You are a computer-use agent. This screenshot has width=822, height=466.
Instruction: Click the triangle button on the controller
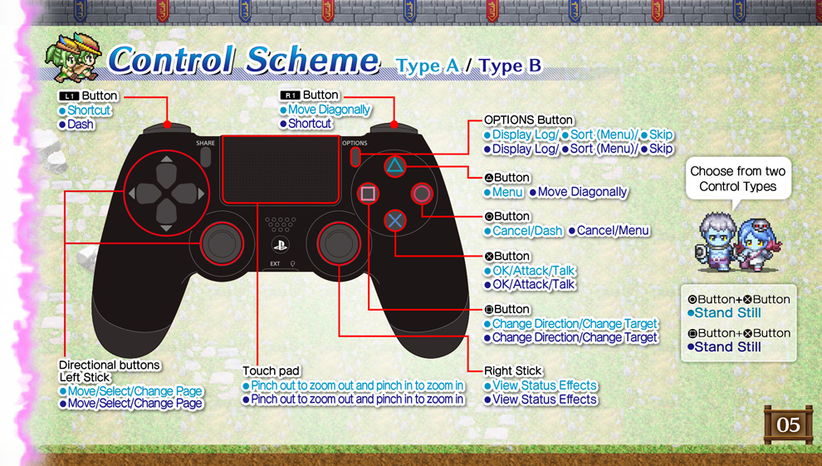tap(394, 167)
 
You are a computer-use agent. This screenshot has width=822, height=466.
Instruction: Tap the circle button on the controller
tap(422, 194)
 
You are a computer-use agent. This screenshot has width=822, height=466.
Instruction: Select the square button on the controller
tap(368, 194)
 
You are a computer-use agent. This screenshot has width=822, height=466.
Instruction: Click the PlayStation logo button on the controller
tap(281, 244)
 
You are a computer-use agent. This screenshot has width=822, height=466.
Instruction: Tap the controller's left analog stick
tap(220, 242)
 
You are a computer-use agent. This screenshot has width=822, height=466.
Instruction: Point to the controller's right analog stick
tap(339, 242)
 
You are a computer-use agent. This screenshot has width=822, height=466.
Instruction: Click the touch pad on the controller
tap(280, 170)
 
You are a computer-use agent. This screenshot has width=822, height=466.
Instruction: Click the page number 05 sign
tap(787, 425)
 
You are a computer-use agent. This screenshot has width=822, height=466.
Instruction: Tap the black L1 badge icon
tap(68, 96)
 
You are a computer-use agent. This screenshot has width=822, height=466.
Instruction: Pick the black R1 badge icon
tap(290, 96)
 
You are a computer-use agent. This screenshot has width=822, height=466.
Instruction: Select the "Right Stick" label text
tap(513, 370)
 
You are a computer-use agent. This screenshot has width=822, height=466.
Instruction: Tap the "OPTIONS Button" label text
tap(528, 120)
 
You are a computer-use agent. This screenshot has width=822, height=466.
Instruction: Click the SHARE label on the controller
tap(206, 143)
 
